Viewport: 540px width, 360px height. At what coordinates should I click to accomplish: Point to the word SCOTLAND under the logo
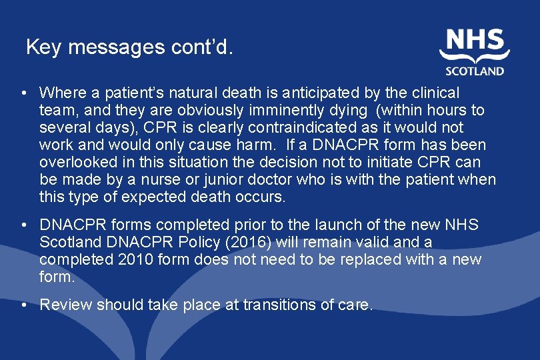click(x=475, y=70)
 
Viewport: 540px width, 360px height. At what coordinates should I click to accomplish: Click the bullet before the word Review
click(x=24, y=305)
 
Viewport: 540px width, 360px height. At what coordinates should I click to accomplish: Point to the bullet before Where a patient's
click(x=24, y=92)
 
